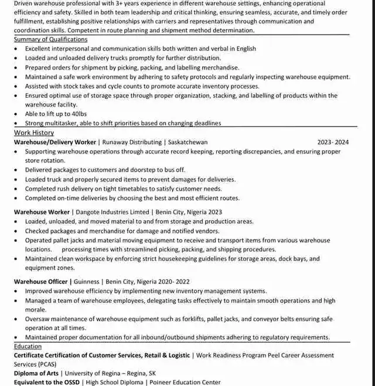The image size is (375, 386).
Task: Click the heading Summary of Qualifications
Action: tap(50, 39)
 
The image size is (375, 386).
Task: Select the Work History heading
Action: tap(33, 133)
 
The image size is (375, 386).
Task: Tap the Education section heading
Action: tap(28, 346)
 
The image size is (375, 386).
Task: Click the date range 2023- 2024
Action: tap(333, 142)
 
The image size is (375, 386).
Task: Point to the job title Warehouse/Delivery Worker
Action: tap(55, 142)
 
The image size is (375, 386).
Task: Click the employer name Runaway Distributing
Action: tap(131, 142)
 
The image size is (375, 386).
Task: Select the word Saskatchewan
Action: tap(187, 142)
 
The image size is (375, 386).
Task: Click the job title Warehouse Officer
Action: tap(41, 282)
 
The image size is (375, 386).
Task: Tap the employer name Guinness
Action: tap(86, 282)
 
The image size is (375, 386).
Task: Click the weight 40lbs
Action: tap(79, 114)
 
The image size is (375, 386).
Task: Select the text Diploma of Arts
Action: tap(36, 373)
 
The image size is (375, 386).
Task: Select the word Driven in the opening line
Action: tap(24, 3)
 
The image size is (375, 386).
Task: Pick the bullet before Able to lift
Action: tap(16, 114)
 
